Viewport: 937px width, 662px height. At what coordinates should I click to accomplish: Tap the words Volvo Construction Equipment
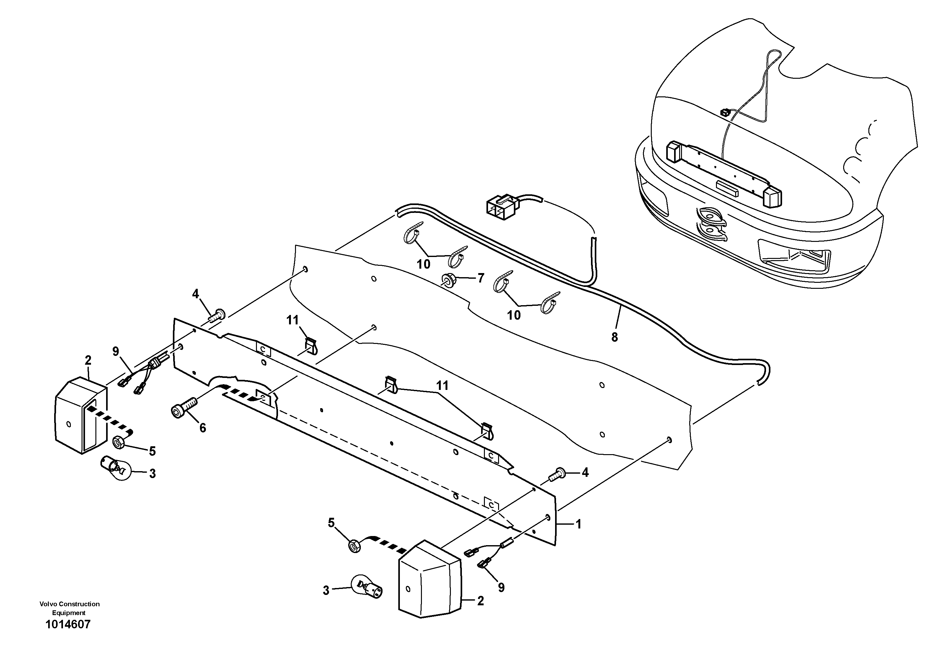(69, 608)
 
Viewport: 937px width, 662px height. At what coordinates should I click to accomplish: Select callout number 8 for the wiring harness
(615, 337)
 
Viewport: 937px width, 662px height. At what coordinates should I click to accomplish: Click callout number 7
(481, 278)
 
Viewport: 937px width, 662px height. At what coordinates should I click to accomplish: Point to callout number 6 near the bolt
(202, 428)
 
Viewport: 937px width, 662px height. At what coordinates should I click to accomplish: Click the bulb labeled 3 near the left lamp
(115, 468)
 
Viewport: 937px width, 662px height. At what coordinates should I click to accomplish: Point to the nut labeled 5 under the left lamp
(118, 442)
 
